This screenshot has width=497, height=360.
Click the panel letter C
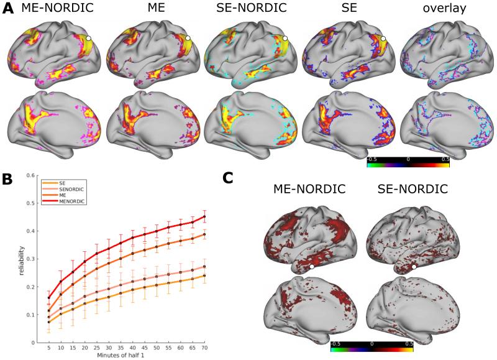[x=229, y=178]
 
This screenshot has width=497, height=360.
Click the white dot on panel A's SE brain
[x=384, y=39]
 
